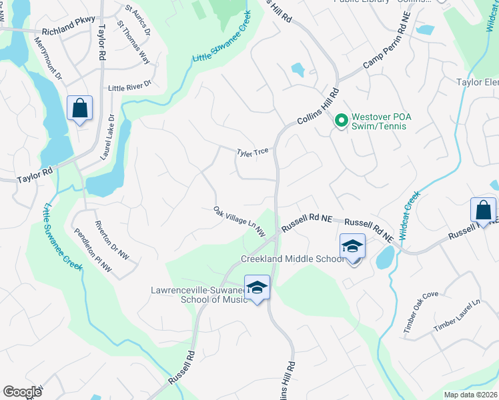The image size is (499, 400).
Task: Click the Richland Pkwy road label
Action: click(x=69, y=31)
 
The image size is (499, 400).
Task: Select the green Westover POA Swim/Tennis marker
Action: click(x=341, y=121)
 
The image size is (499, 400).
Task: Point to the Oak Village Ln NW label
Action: click(x=239, y=221)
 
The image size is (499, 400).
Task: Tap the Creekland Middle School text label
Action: click(x=293, y=259)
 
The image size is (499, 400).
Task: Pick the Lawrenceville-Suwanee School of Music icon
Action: click(x=257, y=287)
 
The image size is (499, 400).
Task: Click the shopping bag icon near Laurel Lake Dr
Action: click(x=79, y=107)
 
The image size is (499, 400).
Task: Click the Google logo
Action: click(x=22, y=392)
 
